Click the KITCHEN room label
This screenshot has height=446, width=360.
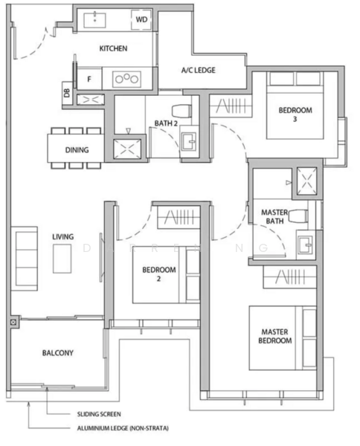coord(113,49)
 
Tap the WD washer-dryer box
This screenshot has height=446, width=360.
coord(141,20)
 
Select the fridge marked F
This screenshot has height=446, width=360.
coord(90,77)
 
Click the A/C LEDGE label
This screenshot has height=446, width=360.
coord(198,71)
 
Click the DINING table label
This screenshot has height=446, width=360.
coord(77,150)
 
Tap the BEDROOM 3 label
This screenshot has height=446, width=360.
coord(295,115)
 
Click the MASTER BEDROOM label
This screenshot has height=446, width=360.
coord(275,336)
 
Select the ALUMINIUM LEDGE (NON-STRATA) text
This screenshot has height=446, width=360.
coord(123,429)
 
